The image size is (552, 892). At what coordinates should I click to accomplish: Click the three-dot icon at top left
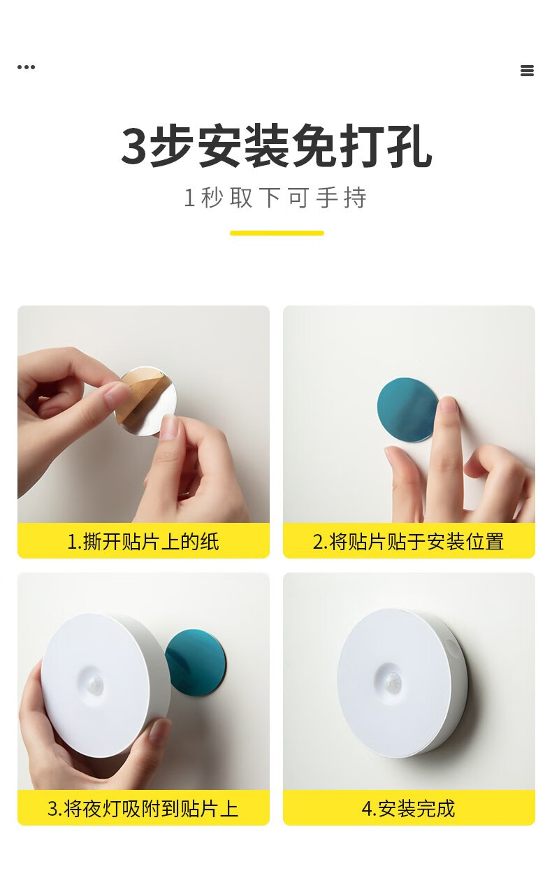pyautogui.click(x=27, y=67)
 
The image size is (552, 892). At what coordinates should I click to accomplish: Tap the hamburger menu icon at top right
pyautogui.click(x=527, y=71)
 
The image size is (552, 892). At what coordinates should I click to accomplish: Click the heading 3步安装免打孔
pyautogui.click(x=277, y=145)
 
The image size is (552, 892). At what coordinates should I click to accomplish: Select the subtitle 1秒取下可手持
pyautogui.click(x=275, y=198)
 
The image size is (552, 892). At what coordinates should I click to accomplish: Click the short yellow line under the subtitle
pyautogui.click(x=277, y=233)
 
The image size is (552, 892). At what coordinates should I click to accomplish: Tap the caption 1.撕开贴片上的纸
pyautogui.click(x=143, y=542)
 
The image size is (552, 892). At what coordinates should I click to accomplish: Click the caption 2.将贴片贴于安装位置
pyautogui.click(x=408, y=542)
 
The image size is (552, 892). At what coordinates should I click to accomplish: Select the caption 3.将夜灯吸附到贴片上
pyautogui.click(x=143, y=809)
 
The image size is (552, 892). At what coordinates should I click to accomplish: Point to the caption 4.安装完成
pyautogui.click(x=408, y=809)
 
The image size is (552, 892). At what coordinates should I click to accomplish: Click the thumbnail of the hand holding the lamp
pyautogui.click(x=159, y=730)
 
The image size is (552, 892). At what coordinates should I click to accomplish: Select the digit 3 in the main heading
pyautogui.click(x=133, y=146)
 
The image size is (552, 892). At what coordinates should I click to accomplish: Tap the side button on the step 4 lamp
pyautogui.click(x=451, y=648)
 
